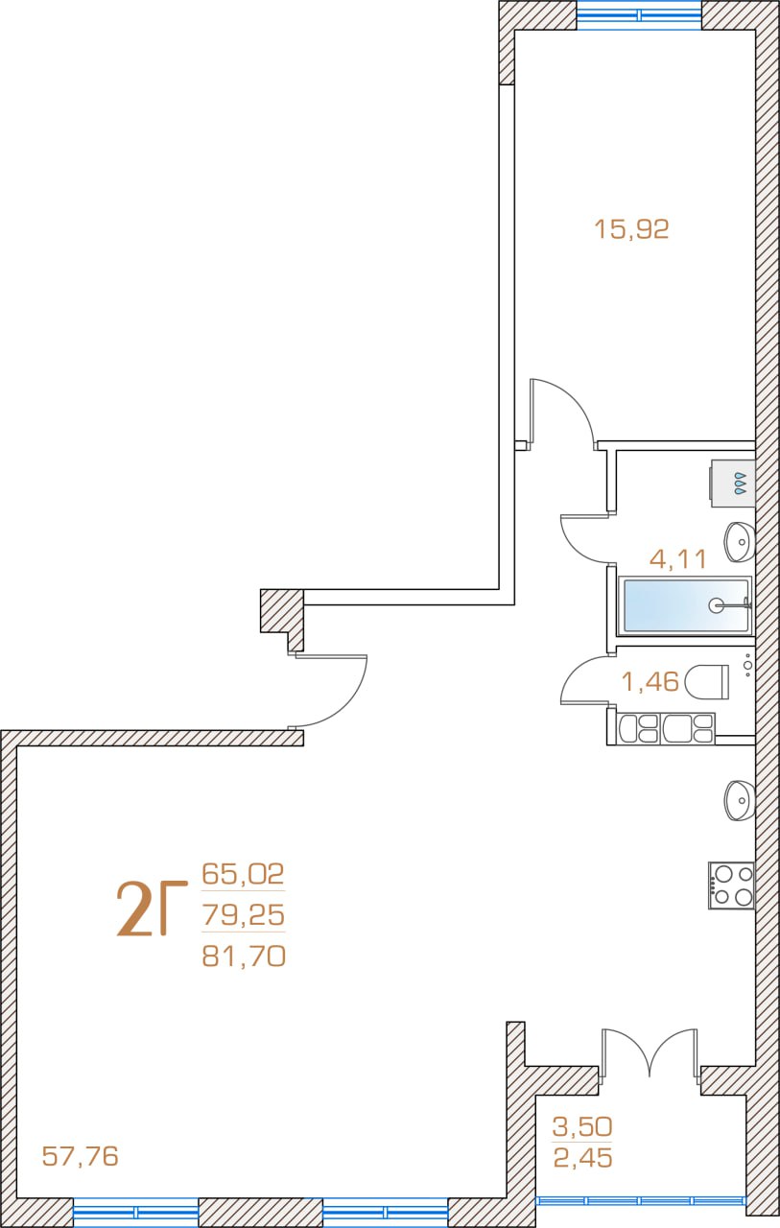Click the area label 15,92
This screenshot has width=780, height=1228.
tap(631, 229)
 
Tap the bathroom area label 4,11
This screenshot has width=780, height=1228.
tap(678, 559)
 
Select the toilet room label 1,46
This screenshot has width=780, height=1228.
tap(650, 681)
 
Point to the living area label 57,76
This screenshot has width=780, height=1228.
tap(80, 1156)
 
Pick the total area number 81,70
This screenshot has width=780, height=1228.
tap(244, 956)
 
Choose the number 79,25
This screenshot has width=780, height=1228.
tap(244, 914)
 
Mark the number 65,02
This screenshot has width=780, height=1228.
tap(243, 873)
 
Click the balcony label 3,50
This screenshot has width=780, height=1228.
tap(582, 1126)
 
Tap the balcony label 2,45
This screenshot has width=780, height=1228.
tap(582, 1158)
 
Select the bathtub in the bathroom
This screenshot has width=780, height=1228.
tap(685, 605)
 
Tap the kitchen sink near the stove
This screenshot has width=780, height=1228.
tap(740, 800)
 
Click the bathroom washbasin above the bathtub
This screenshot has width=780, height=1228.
tap(740, 542)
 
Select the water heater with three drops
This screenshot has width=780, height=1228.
tap(733, 484)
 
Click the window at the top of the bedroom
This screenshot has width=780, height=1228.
tap(639, 14)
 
